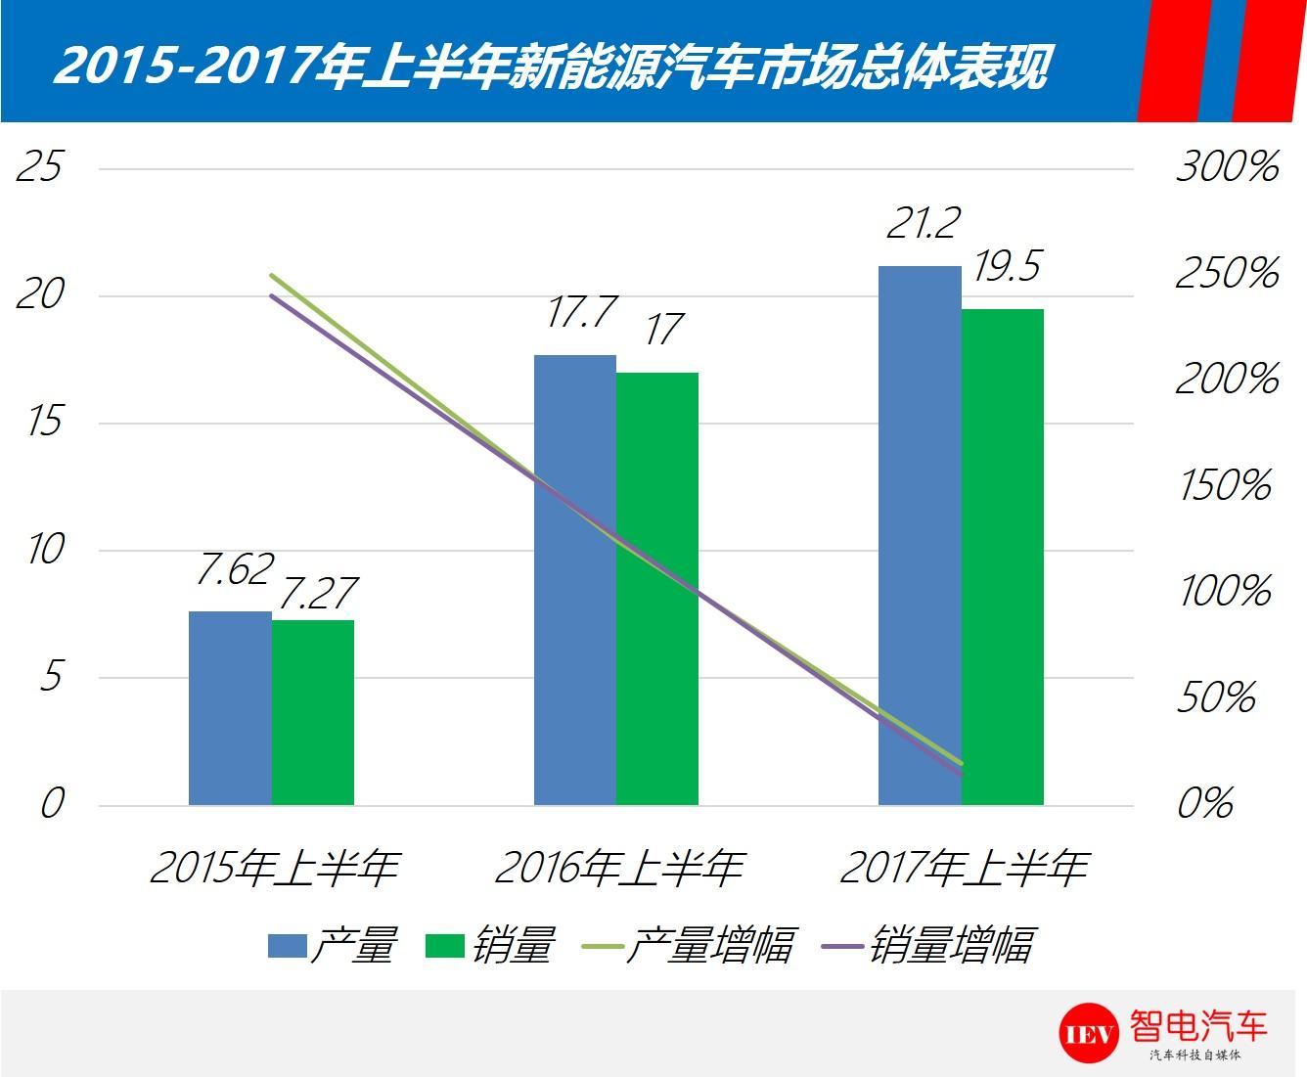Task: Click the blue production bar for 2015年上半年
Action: pos(230,708)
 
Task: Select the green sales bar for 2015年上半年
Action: pos(313,713)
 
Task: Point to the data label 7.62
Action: pos(233,570)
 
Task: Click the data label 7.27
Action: pos(317,593)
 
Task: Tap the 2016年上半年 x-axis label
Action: pos(618,868)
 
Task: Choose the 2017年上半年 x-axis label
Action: pos(964,868)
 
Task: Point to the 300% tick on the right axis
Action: pos(1227,167)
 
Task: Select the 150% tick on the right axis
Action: pos(1225,485)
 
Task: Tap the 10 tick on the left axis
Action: pos(45,550)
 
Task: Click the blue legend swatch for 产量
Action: pos(288,946)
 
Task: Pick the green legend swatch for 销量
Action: pos(445,946)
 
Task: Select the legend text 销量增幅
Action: pos(950,946)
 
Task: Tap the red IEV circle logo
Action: pos(1088,1033)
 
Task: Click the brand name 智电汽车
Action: pos(1197,1026)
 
